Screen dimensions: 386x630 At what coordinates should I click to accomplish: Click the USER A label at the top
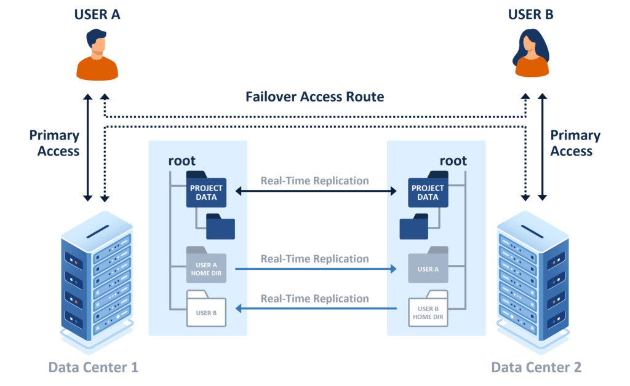pos(97,14)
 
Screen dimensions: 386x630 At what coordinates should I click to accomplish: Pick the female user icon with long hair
pos(531,56)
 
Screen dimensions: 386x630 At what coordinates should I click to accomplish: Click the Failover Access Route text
pos(314,96)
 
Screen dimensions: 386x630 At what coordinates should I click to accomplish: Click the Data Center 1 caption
pos(93,368)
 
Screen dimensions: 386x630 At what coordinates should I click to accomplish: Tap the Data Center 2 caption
pos(536,368)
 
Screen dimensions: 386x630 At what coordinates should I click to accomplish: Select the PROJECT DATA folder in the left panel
pos(206,191)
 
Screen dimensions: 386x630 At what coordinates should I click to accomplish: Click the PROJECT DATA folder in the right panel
pos(428,191)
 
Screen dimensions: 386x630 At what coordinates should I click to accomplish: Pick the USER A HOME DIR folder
pos(206,266)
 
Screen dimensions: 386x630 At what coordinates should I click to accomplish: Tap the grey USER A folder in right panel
pos(428,266)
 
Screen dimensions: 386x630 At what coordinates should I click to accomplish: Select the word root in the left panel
pos(181,161)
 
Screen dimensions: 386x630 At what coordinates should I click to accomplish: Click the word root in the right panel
pos(453,161)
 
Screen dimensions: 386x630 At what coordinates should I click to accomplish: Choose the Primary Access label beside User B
pos(575,143)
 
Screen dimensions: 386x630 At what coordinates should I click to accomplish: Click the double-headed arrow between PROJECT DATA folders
pos(316,192)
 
